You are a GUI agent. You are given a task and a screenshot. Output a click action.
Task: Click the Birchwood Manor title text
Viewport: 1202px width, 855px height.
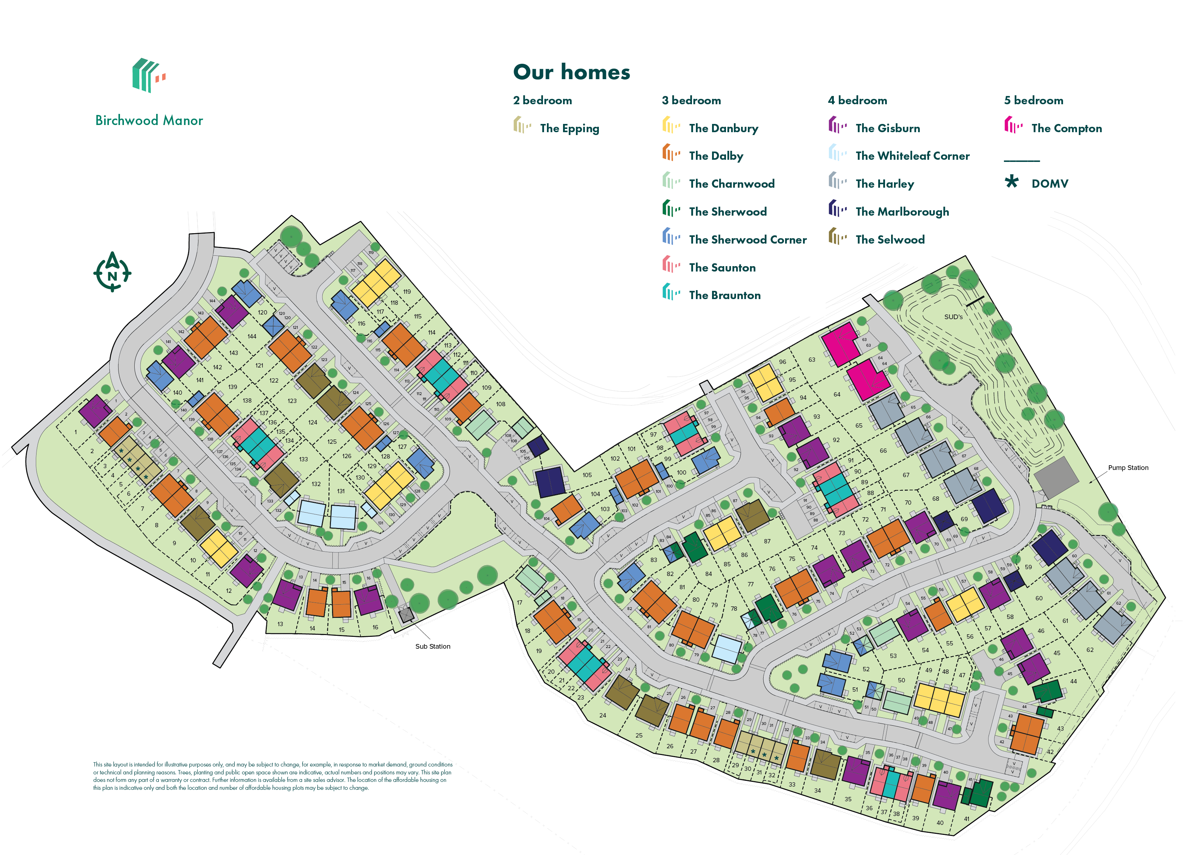[x=149, y=121]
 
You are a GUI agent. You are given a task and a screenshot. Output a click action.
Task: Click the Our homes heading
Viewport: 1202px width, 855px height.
[x=571, y=72]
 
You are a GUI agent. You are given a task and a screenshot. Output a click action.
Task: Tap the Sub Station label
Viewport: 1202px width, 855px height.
[x=432, y=647]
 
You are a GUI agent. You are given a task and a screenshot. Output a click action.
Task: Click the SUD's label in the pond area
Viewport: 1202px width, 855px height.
[x=953, y=317]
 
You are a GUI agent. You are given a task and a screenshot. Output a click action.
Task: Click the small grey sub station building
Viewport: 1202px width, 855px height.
[x=406, y=614]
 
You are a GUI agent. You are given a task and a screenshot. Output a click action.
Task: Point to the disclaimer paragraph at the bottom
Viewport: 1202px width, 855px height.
[x=272, y=776]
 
